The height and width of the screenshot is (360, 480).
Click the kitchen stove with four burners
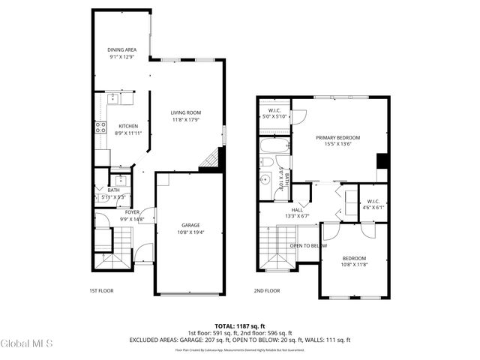pyautogui.click(x=100, y=127)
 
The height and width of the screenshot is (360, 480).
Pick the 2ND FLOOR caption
pyautogui.click(x=266, y=290)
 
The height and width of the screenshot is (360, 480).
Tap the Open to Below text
pyautogui.click(x=308, y=245)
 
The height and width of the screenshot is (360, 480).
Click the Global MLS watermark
pyautogui.click(x=27, y=343)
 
